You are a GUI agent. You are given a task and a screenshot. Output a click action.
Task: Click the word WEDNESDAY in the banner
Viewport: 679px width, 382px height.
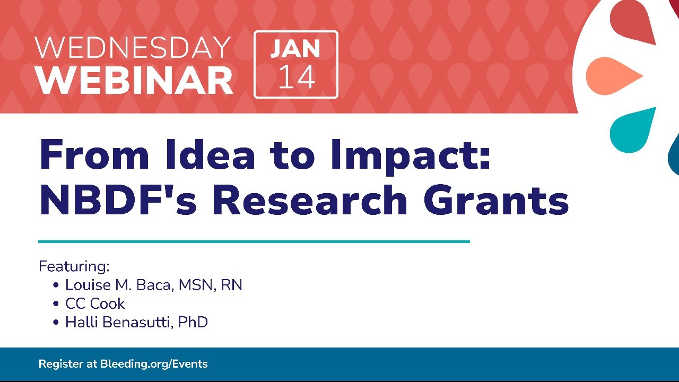point(133,47)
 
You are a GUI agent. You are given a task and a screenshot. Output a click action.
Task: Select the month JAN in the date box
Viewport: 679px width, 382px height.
point(295,48)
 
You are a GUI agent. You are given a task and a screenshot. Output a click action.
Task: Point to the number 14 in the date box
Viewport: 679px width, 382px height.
point(297,77)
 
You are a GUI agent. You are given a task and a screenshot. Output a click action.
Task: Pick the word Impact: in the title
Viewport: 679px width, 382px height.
point(411,157)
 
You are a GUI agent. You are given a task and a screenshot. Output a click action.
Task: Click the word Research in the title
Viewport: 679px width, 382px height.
point(310,199)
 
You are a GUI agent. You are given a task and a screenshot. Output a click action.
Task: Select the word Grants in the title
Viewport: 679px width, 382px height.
point(496,199)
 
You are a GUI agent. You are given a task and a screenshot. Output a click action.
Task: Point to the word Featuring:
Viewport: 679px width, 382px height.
point(74,266)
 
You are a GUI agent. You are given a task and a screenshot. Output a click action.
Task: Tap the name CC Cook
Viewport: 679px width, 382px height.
point(95,303)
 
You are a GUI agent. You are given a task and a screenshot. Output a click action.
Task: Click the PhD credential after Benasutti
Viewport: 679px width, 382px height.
point(193,322)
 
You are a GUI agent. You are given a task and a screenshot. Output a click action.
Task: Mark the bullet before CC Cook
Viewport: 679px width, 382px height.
point(56,303)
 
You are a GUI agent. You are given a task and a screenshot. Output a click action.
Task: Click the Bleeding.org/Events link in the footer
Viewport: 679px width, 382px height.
point(154,364)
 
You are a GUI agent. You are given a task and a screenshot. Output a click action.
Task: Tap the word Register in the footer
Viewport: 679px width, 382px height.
point(60,364)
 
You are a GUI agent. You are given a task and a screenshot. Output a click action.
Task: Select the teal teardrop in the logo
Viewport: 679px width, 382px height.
point(632,131)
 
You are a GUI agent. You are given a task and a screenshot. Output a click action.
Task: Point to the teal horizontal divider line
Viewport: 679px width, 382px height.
point(254,241)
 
